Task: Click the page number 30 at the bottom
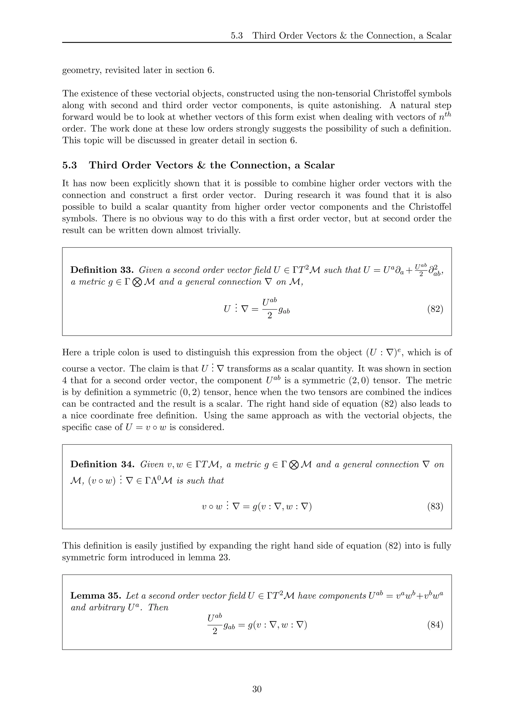coord(257,689)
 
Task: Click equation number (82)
coord(435,309)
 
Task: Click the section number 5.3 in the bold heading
coord(70,165)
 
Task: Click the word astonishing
coord(346,105)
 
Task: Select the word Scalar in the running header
coord(439,35)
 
